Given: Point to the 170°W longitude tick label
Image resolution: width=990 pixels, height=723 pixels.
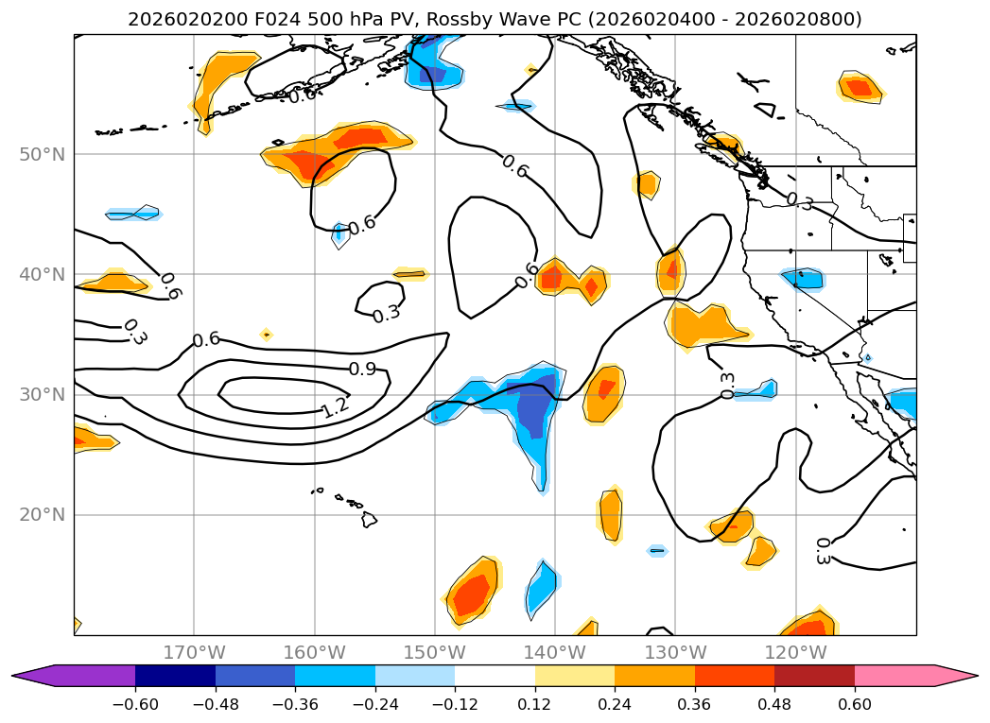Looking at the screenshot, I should click(x=194, y=652).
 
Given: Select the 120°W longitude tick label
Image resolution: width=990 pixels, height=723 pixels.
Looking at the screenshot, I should click(x=795, y=652).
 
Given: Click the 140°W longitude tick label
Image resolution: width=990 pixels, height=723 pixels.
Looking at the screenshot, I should click(x=555, y=652).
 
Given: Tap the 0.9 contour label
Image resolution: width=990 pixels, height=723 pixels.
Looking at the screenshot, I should click(x=362, y=369).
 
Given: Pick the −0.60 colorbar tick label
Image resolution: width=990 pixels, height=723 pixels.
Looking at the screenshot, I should click(x=135, y=703).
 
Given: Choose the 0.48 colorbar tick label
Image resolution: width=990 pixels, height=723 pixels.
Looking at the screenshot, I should click(x=774, y=703).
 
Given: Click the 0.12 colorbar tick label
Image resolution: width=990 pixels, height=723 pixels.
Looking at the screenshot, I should click(x=534, y=703).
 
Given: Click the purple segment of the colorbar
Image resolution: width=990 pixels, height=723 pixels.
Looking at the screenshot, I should click(x=85, y=675).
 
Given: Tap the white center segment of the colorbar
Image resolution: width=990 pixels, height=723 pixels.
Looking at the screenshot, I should click(x=495, y=675).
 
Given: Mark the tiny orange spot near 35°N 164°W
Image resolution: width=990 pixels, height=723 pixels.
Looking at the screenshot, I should click(x=266, y=334).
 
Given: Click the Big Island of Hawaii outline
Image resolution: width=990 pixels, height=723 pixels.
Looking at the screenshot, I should click(x=369, y=519).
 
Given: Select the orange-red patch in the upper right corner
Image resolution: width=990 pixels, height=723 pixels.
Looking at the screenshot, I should click(x=860, y=88).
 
